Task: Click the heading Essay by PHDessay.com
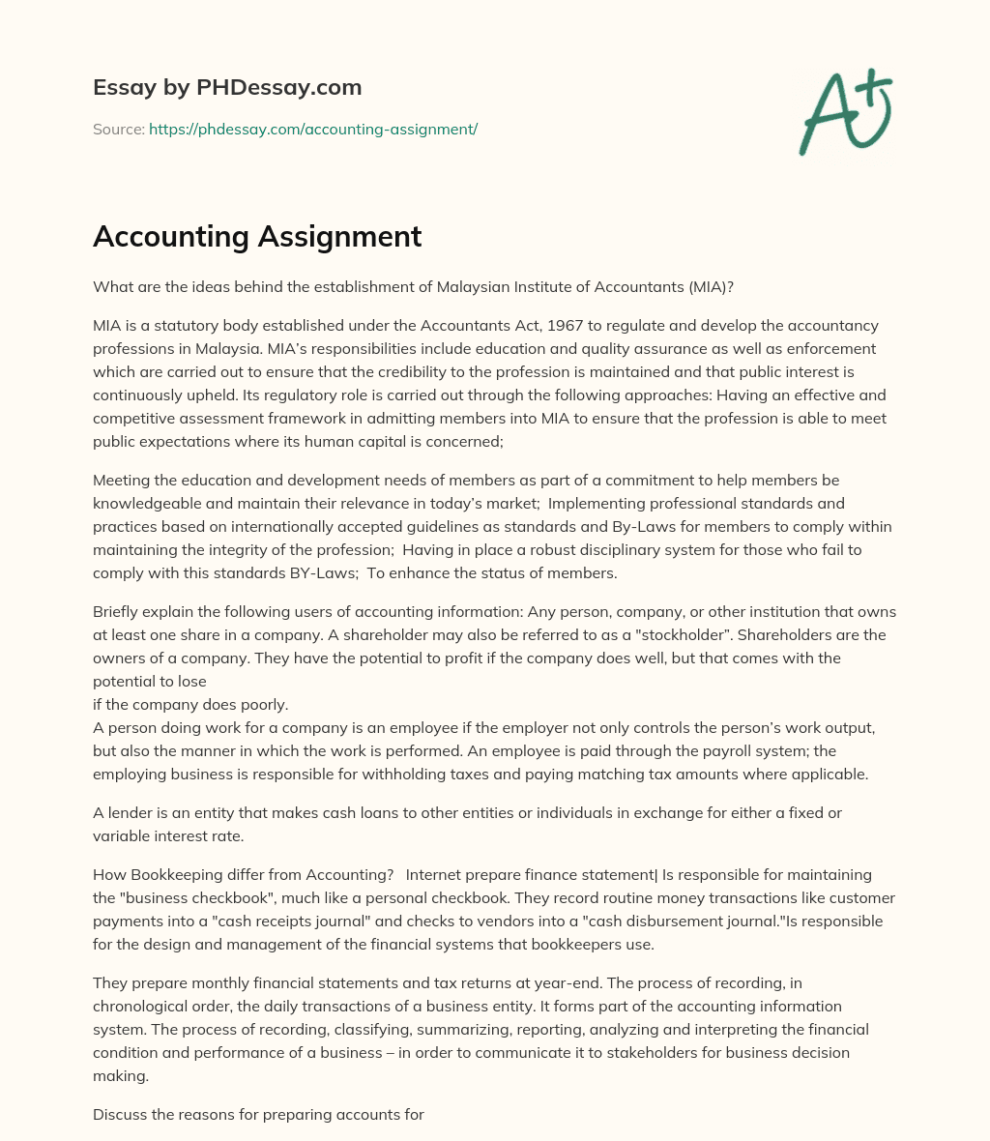pos(227,88)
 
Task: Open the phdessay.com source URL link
pos(313,129)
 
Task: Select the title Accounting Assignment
pos(257,236)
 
